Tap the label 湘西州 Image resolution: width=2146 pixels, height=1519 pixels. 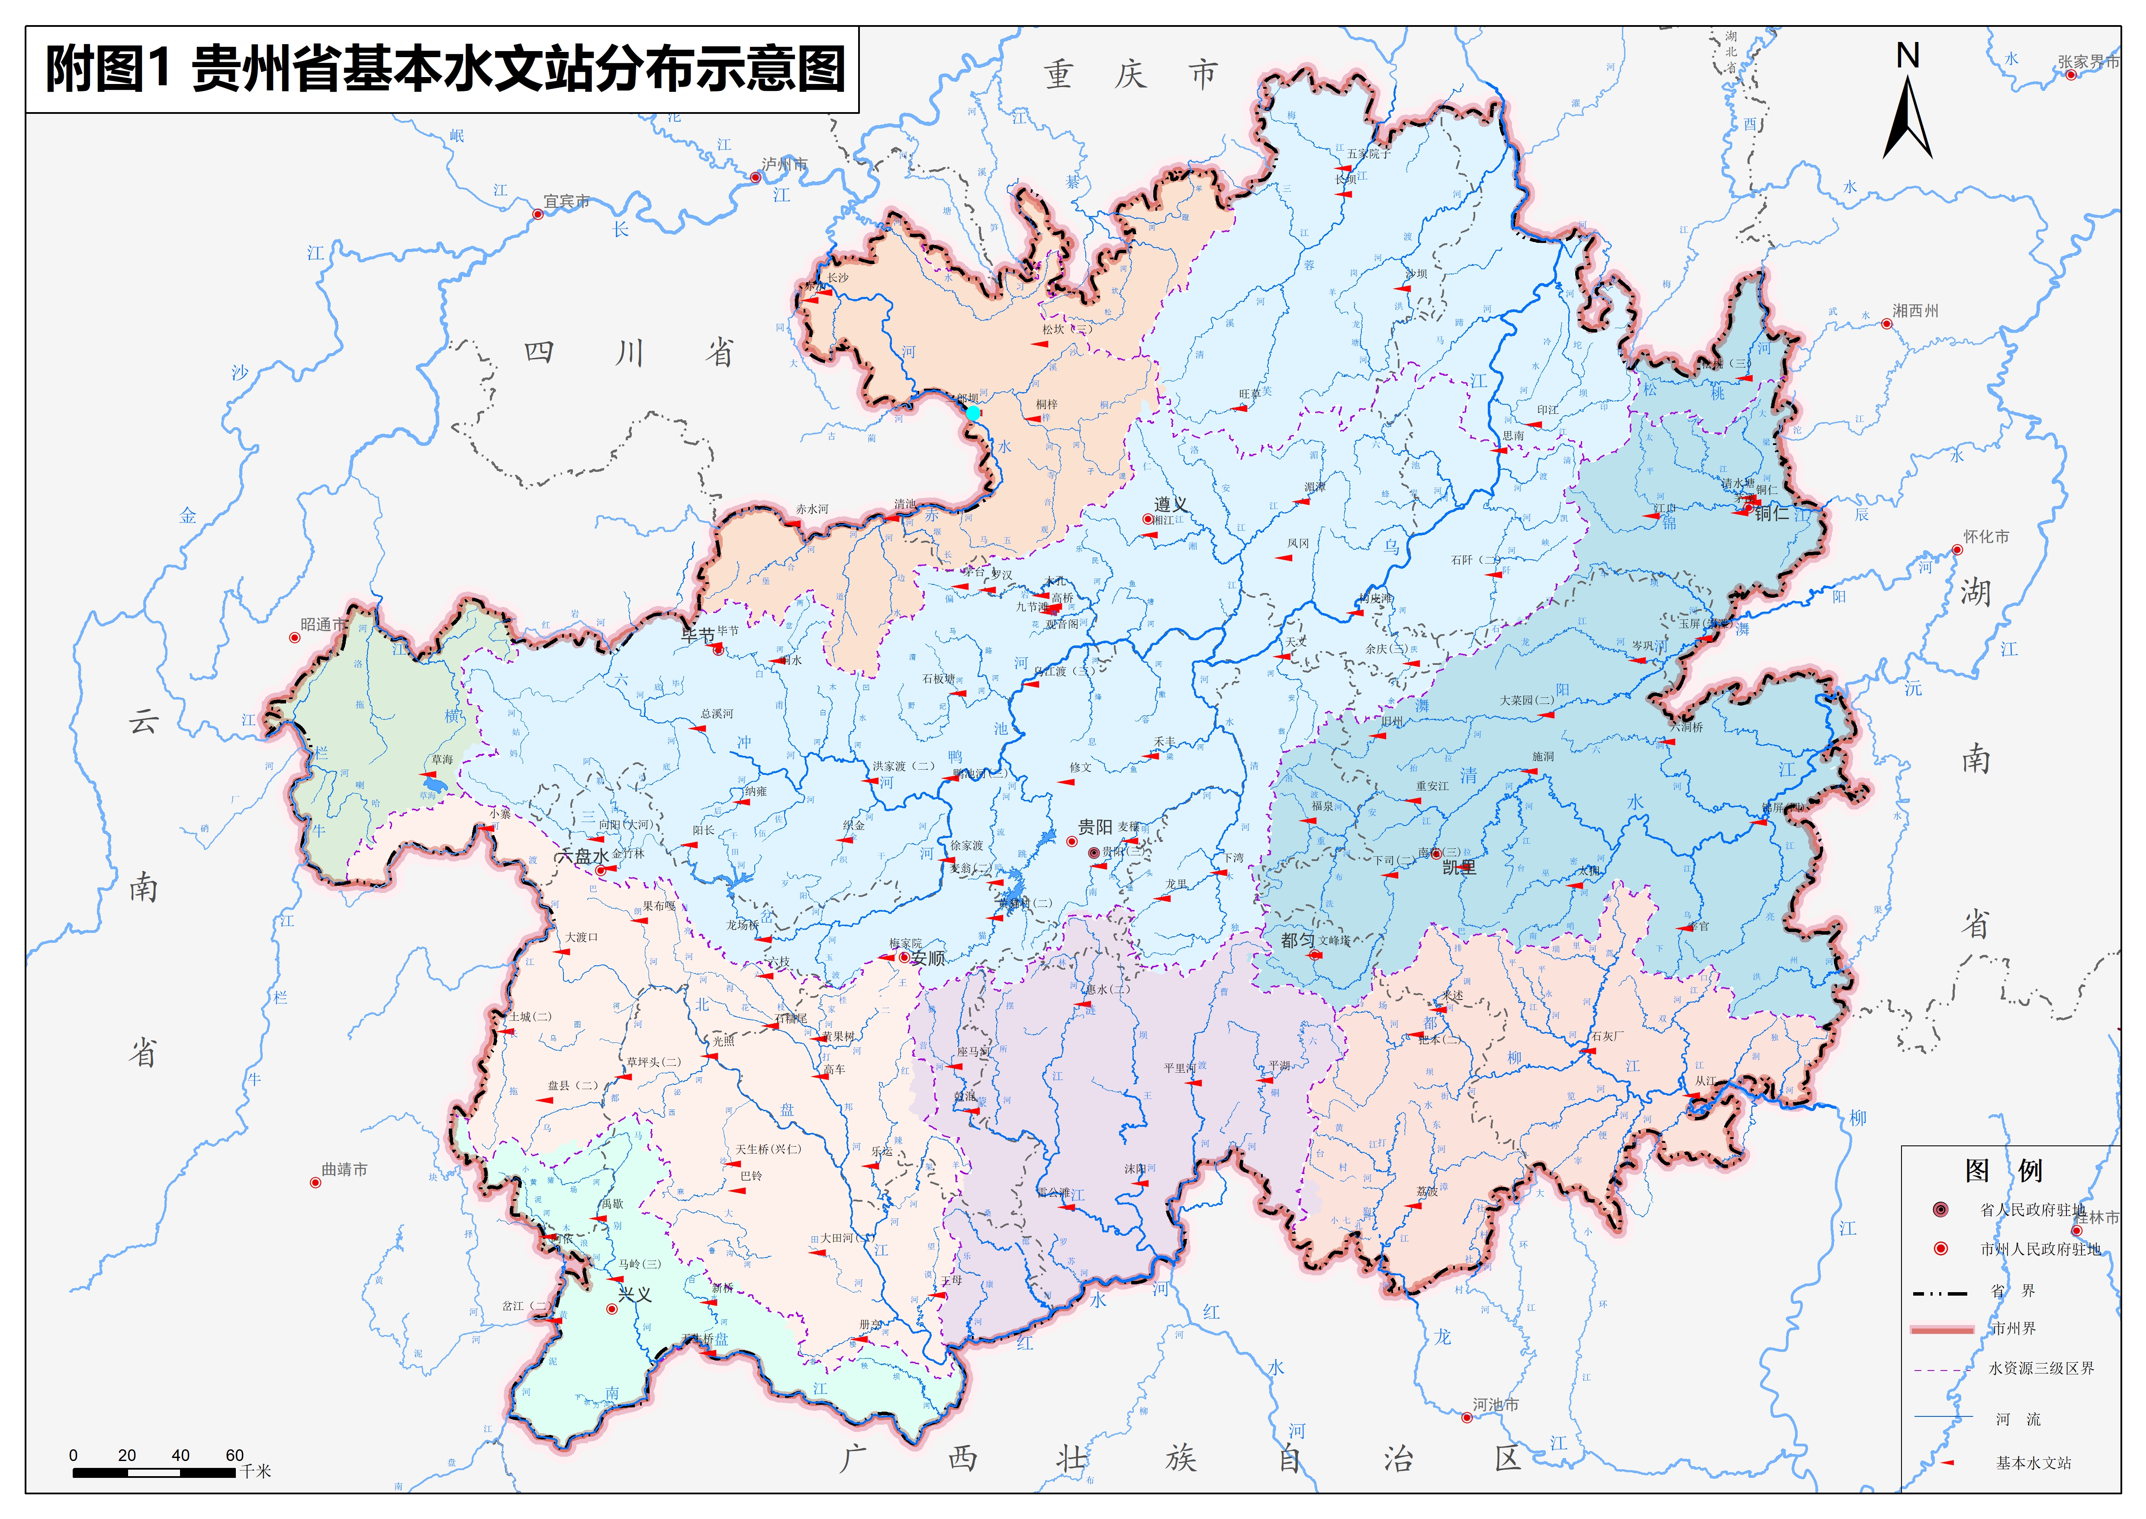click(1915, 310)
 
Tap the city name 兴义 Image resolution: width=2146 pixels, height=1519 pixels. click(635, 1294)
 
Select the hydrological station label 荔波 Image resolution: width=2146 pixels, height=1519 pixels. click(1427, 1192)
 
